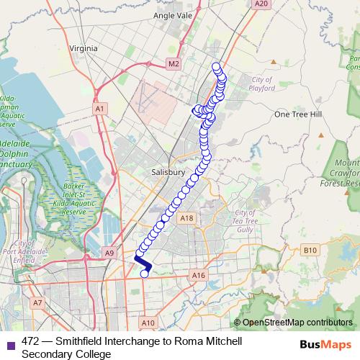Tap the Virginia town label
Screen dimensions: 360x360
click(x=83, y=48)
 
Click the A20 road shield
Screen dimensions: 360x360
click(x=261, y=4)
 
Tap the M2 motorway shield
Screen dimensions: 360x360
click(x=172, y=64)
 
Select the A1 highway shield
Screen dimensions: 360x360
click(x=100, y=109)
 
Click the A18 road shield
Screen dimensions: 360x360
click(x=187, y=218)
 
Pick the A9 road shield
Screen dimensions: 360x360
click(x=109, y=253)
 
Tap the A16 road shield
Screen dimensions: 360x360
click(x=199, y=275)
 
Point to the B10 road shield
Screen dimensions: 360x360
click(x=310, y=250)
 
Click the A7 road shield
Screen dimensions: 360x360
click(x=37, y=303)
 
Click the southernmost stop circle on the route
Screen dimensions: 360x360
click(x=145, y=273)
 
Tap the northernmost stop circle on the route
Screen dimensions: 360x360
click(x=215, y=67)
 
